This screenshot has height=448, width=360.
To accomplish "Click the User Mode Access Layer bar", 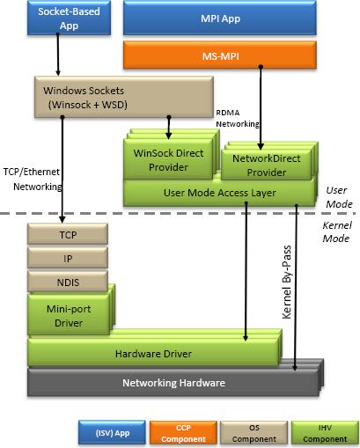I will (x=218, y=192).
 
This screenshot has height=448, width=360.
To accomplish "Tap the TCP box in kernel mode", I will (x=68, y=234).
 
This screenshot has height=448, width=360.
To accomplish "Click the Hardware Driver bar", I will (x=153, y=354).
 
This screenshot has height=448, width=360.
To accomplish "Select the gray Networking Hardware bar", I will (x=173, y=383).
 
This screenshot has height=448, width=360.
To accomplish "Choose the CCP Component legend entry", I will (x=184, y=433).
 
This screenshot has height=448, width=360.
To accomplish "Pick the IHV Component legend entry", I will (x=325, y=433).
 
